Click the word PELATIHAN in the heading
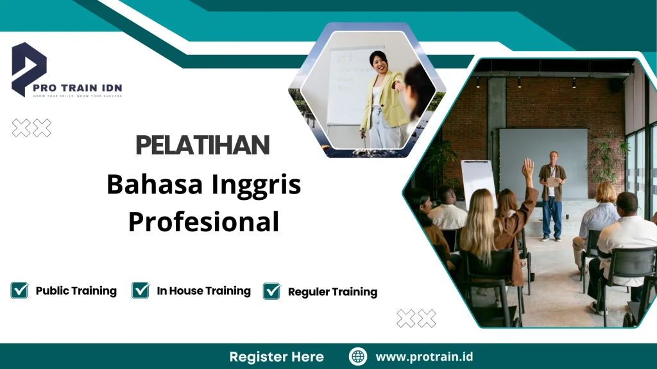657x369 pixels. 203,145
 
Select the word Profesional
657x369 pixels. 203,222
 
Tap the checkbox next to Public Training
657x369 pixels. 19,290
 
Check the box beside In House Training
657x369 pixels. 141,290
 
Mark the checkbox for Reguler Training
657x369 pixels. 272,291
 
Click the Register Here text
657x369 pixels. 277,357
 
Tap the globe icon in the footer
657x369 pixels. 357,357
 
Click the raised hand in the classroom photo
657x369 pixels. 528,168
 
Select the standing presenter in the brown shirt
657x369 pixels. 551,192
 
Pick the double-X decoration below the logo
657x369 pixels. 31,128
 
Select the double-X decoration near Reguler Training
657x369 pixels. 416,318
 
